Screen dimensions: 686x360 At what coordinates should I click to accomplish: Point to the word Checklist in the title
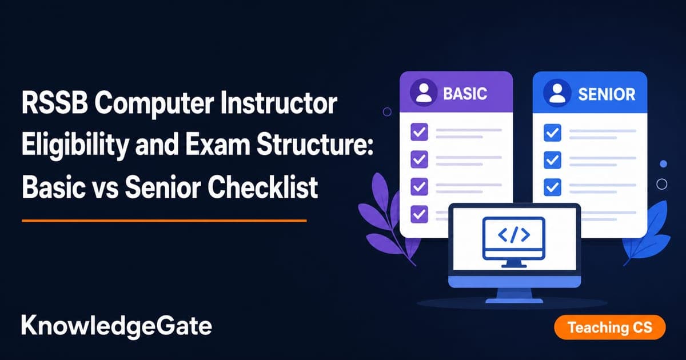pos(263,187)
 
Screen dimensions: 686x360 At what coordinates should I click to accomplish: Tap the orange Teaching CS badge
pos(610,327)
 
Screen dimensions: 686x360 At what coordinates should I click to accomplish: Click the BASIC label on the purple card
pos(465,94)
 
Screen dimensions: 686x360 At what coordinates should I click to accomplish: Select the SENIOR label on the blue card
pos(607,94)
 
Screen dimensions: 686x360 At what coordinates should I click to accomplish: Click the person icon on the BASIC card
pos(424,93)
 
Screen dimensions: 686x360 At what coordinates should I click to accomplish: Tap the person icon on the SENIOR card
pos(557,93)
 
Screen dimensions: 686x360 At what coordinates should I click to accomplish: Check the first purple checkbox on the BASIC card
pos(419,132)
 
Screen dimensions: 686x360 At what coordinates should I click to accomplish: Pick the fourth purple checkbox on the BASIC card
pos(419,214)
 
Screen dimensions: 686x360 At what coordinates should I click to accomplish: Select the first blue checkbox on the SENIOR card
pos(552,133)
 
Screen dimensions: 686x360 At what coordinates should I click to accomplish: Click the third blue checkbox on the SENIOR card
pos(552,187)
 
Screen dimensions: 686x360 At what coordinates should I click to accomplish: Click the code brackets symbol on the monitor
pos(514,235)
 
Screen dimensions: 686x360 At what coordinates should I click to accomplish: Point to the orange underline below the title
pos(164,221)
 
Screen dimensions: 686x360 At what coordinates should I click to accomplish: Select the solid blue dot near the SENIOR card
pos(663,164)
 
